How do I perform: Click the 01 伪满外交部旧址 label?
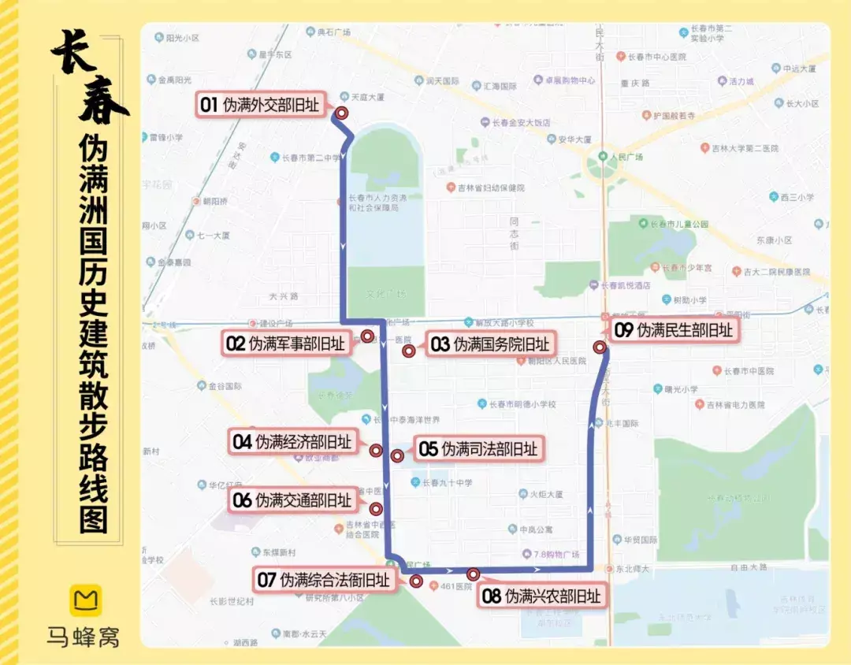pos(260,105)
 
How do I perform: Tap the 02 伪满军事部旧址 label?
pos(285,344)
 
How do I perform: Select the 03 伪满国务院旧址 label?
pos(489,344)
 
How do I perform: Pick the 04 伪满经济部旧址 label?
pos(292,442)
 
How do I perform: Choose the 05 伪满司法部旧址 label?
pos(478,449)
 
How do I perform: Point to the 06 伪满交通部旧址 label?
pos(292,500)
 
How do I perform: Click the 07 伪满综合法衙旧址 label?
pos(324,581)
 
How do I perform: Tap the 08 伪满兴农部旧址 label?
pos(542,596)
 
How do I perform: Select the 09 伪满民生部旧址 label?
pos(674,330)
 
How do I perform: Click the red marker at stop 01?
pos(342,113)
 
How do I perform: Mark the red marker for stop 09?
pos(600,347)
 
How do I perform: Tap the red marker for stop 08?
pos(473,574)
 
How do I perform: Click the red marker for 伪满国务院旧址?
pos(408,351)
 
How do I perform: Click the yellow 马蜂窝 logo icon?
pos(83,600)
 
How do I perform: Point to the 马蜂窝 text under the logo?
pos(83,635)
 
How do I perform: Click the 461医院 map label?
pos(457,585)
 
